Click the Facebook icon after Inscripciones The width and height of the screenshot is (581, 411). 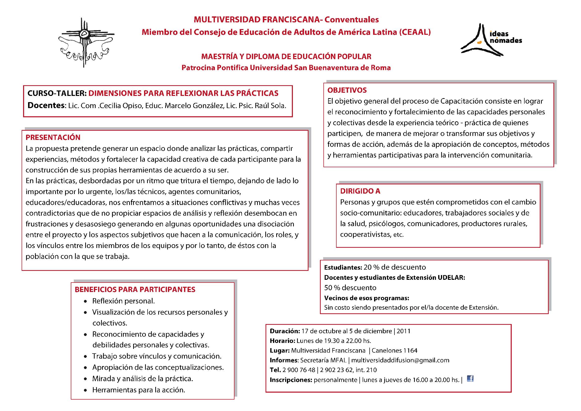tap(470, 379)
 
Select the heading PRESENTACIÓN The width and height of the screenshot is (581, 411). tap(53, 137)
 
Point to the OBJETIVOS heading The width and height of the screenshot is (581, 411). tap(347, 90)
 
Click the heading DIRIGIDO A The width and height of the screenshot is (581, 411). tap(360, 191)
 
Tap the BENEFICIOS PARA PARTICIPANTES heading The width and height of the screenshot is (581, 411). tap(135, 289)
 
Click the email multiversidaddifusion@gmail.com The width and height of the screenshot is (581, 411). tap(400, 360)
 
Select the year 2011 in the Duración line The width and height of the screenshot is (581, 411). tap(403, 331)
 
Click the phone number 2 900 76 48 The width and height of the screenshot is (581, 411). tap(299, 370)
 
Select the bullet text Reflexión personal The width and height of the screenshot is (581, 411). tap(123, 301)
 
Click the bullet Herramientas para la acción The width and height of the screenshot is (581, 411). tap(139, 390)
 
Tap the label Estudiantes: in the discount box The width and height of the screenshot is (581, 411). tap(343, 268)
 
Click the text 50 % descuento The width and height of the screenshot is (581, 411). tap(350, 288)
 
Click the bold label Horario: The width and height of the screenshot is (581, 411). tap(282, 341)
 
